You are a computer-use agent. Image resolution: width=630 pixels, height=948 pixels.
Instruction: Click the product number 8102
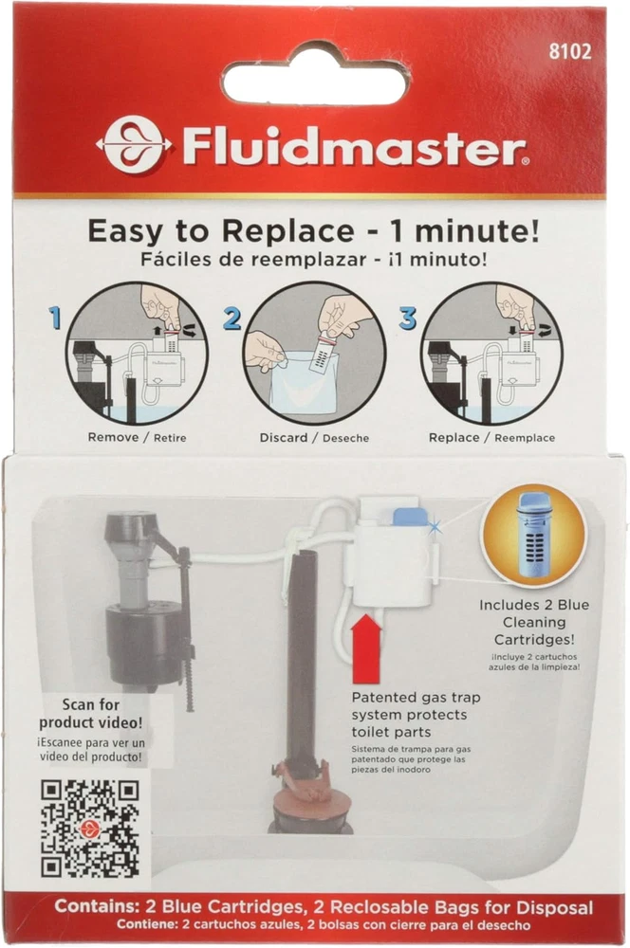569,51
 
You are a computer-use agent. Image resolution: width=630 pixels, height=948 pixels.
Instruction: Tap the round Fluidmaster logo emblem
134,145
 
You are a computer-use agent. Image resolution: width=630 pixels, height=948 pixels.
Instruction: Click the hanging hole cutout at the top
315,77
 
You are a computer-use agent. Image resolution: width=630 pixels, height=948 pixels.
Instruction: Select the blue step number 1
55,318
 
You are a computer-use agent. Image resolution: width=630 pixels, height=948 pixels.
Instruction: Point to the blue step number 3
408,318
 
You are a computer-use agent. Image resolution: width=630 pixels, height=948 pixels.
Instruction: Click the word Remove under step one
113,436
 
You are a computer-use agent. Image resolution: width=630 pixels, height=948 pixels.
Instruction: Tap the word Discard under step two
284,437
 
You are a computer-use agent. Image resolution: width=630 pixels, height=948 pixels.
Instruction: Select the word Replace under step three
454,437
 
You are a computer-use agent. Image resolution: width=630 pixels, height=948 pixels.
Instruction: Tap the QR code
90,829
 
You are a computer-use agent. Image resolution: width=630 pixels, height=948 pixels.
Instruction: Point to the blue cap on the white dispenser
410,518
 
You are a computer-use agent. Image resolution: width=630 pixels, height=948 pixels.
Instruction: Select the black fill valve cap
131,526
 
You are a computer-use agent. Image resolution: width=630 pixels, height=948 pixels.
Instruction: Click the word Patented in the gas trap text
382,697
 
